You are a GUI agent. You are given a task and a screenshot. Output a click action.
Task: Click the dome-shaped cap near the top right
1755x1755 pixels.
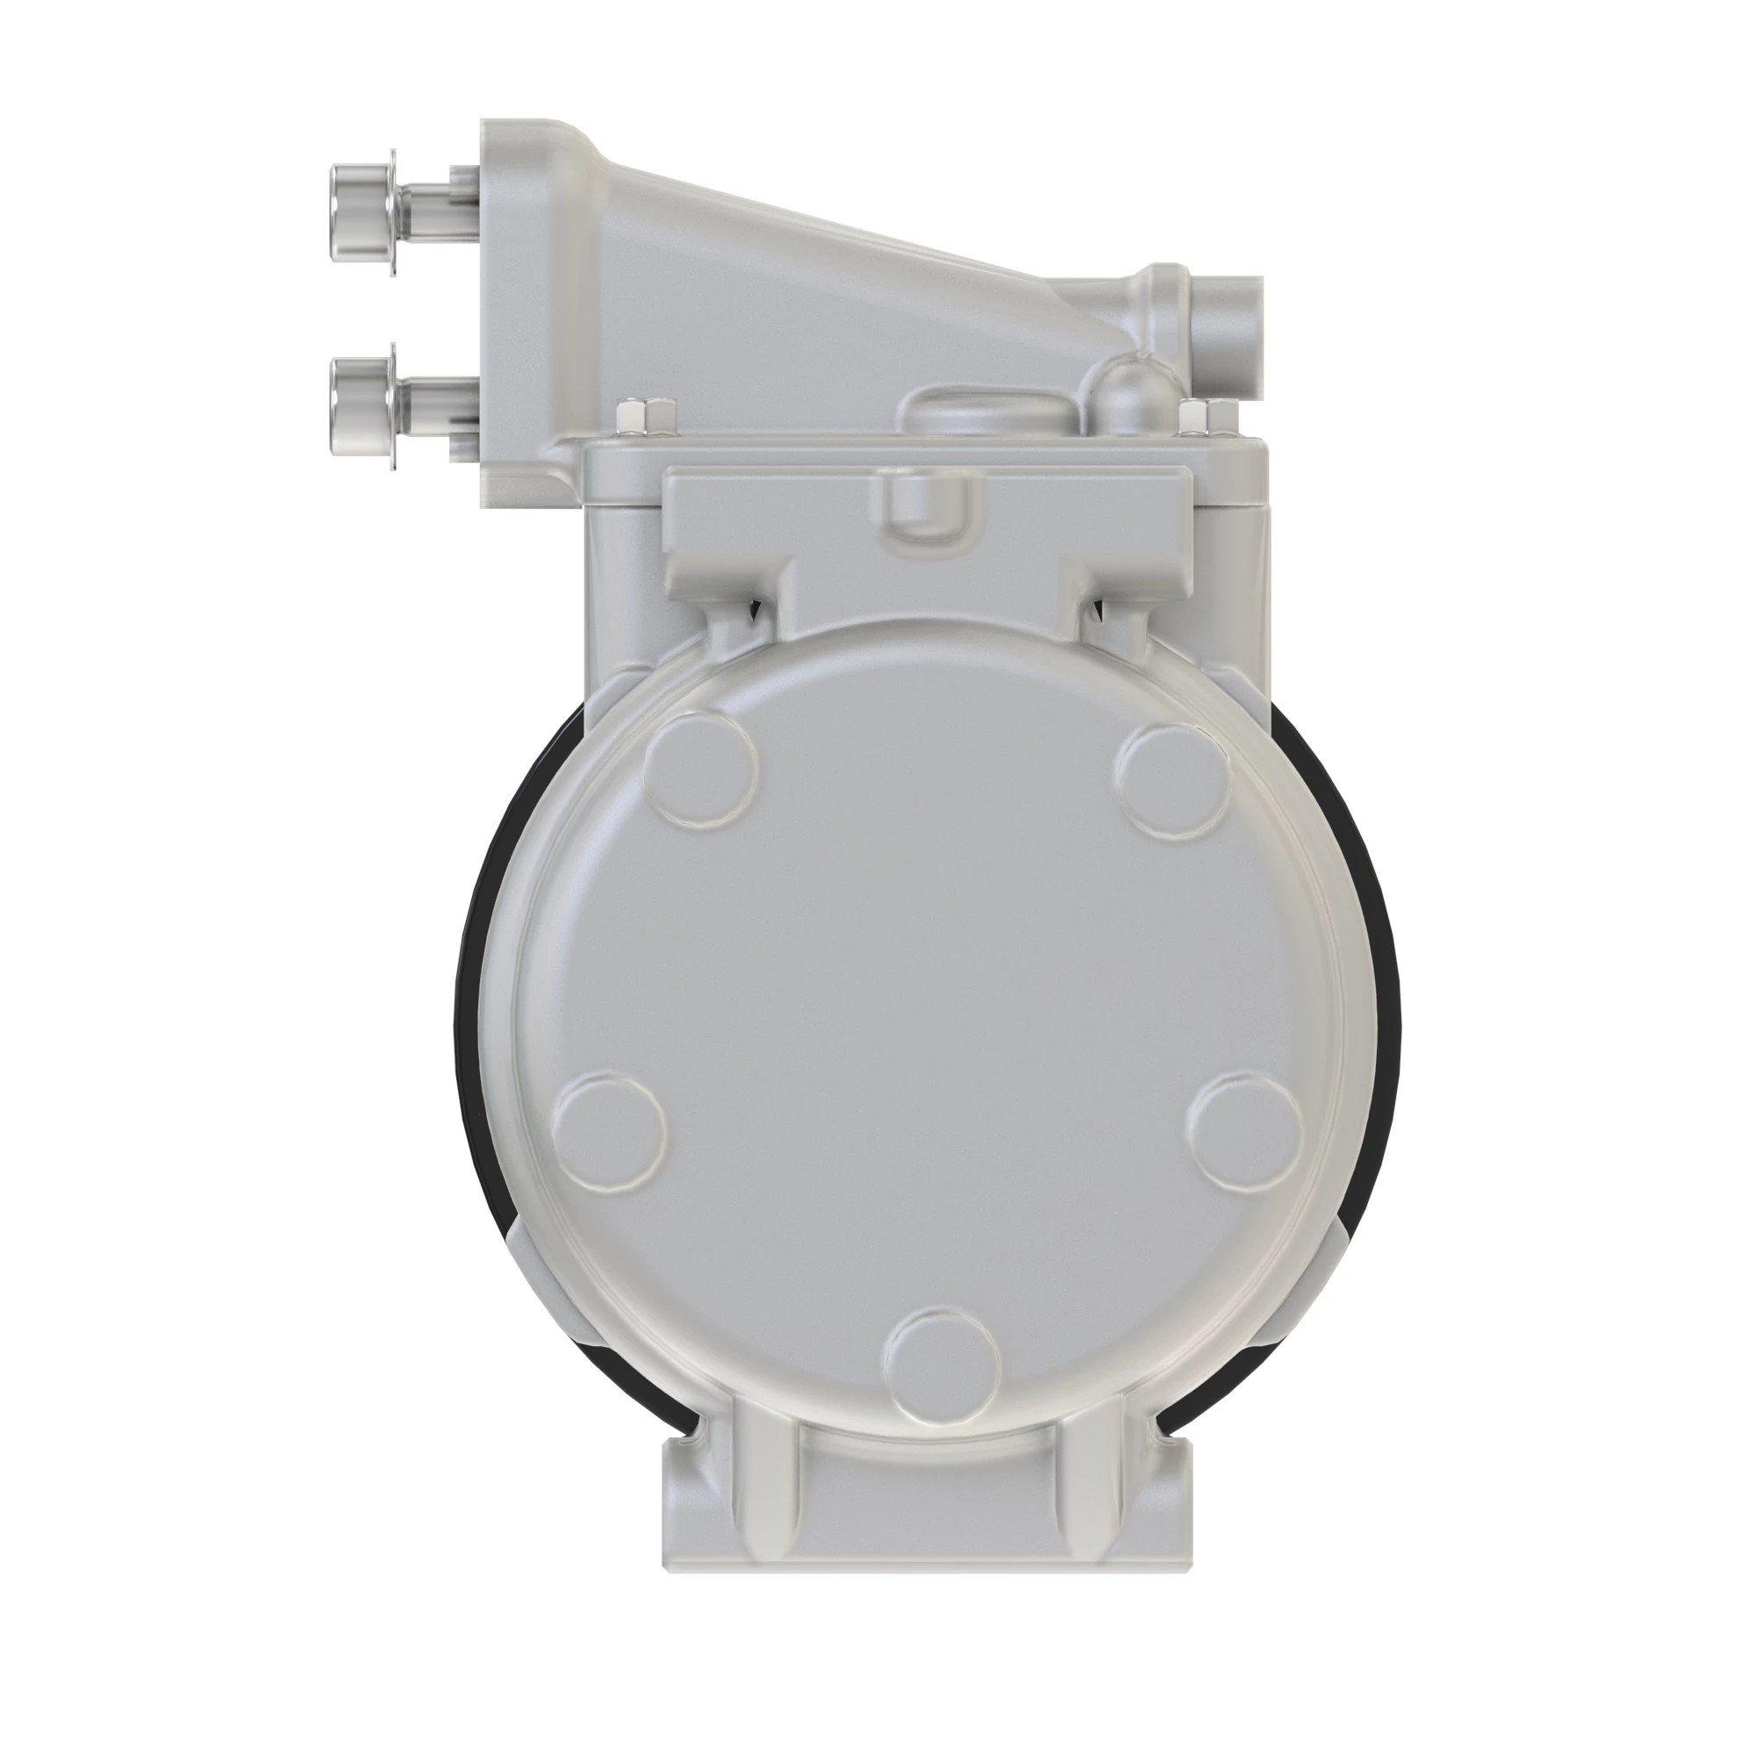[1132, 392]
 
